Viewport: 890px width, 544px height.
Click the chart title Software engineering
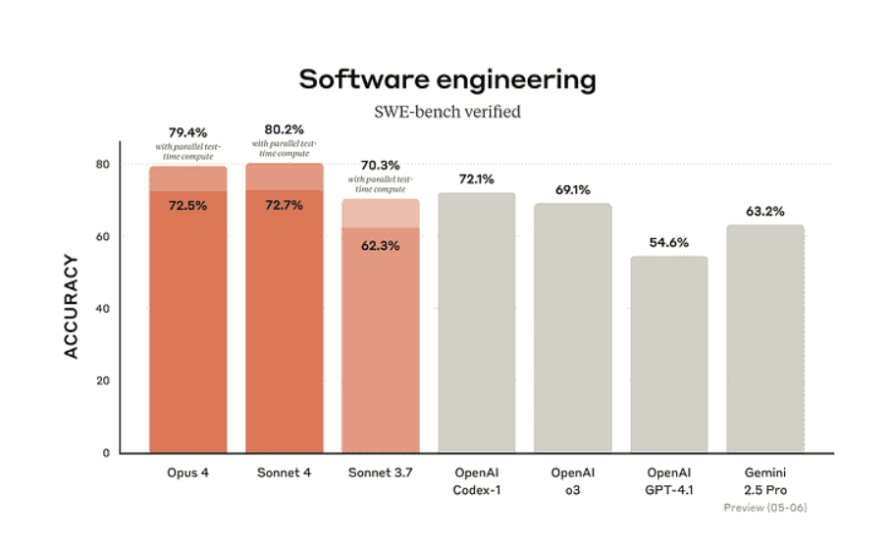[446, 79]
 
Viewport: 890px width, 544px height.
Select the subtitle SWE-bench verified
[446, 112]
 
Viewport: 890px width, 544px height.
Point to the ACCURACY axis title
[72, 307]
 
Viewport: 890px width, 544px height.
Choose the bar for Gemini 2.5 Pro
[765, 339]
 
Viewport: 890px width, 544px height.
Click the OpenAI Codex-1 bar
[476, 323]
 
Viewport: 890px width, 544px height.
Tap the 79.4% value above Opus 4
[187, 130]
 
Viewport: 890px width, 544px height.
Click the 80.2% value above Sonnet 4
[285, 128]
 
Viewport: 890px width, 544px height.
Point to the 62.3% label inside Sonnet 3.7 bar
[380, 246]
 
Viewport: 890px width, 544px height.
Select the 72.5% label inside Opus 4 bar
[187, 206]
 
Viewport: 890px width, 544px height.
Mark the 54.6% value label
[669, 243]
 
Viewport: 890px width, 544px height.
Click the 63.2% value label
[765, 211]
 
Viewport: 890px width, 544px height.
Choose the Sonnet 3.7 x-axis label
[380, 473]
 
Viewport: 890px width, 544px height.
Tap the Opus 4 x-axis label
[187, 473]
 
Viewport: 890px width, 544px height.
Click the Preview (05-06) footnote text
[765, 508]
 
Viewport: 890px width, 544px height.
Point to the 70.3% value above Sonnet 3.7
[380, 166]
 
